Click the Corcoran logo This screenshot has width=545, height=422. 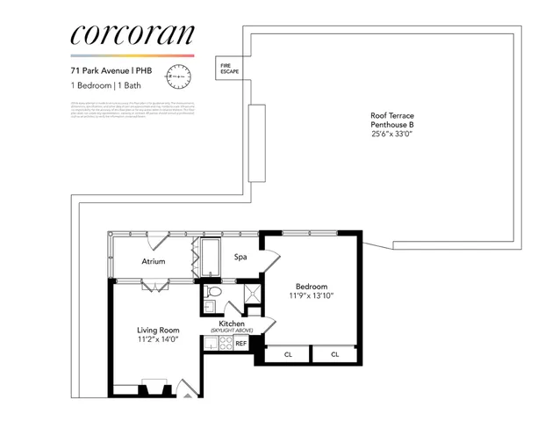click(131, 35)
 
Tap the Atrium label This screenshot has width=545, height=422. click(154, 261)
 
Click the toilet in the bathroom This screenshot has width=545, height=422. click(213, 293)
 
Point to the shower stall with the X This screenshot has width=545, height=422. click(251, 295)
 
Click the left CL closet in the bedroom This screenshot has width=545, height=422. click(288, 354)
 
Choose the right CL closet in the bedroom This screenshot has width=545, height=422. click(335, 354)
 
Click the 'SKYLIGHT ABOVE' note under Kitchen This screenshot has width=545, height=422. click(231, 331)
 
